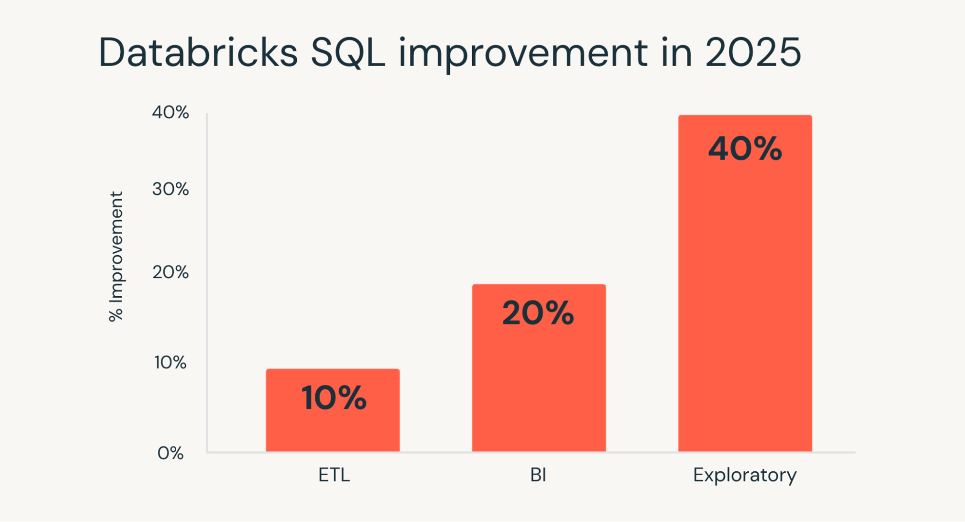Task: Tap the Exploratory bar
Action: pyautogui.click(x=745, y=299)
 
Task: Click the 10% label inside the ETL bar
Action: pyautogui.click(x=334, y=398)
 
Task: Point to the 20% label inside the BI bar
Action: pyautogui.click(x=538, y=313)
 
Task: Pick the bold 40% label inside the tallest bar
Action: pyautogui.click(x=745, y=149)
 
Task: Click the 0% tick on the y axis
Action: pyautogui.click(x=170, y=453)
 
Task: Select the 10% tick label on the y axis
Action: pyautogui.click(x=170, y=362)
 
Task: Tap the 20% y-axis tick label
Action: pyautogui.click(x=170, y=272)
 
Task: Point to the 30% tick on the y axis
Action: pyautogui.click(x=170, y=189)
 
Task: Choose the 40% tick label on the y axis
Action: pyautogui.click(x=170, y=112)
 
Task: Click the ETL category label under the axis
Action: pyautogui.click(x=334, y=475)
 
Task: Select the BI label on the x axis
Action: pyautogui.click(x=538, y=475)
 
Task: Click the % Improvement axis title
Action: pyautogui.click(x=116, y=256)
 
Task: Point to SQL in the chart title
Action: pyautogui.click(x=348, y=53)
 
